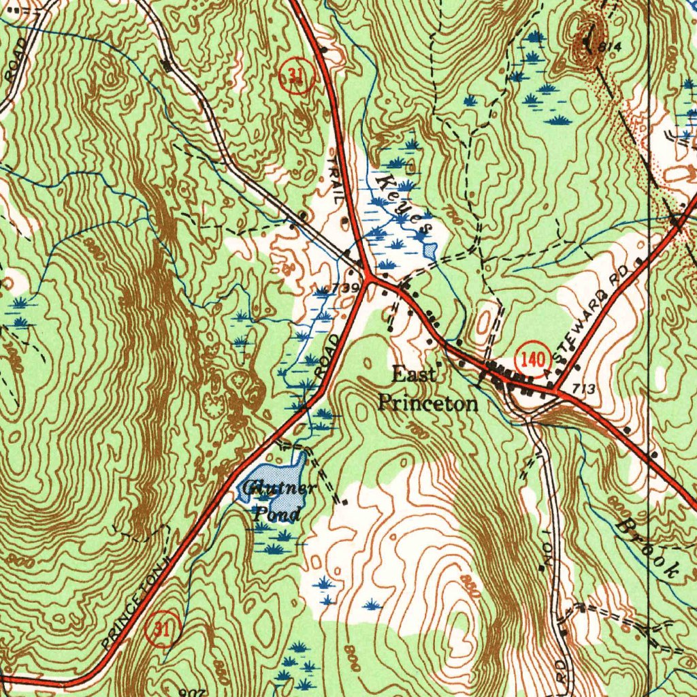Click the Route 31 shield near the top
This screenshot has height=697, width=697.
point(295,76)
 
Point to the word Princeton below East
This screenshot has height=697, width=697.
point(427,404)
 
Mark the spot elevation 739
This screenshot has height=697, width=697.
point(346,288)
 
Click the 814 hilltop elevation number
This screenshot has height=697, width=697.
point(611,46)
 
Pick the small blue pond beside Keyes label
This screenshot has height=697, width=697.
point(429,249)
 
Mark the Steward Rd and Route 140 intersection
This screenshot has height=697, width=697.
point(555,392)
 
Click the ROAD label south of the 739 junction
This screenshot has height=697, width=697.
point(328,355)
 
